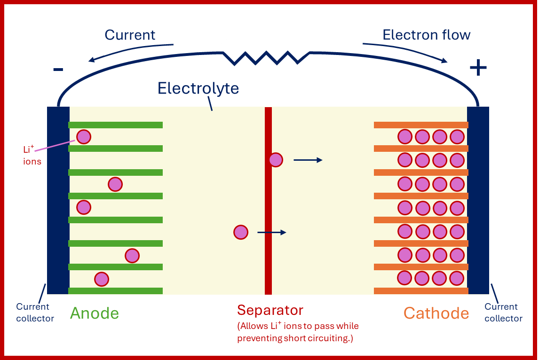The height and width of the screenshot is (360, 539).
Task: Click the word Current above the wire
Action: tap(130, 35)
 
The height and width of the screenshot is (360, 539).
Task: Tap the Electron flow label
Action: tap(426, 35)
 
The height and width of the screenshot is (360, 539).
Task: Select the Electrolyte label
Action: tap(198, 88)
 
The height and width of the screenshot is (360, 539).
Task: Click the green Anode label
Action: tap(95, 313)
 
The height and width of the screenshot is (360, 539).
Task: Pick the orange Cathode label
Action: tap(436, 313)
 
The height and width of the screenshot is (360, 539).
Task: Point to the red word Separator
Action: tap(270, 310)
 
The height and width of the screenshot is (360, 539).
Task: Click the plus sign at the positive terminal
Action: tap(478, 69)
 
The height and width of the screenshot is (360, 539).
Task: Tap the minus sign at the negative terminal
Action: tap(58, 70)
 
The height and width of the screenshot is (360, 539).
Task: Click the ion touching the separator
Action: tap(276, 160)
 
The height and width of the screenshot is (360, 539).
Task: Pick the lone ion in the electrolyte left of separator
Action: tap(241, 232)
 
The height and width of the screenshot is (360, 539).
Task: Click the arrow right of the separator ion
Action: tap(308, 160)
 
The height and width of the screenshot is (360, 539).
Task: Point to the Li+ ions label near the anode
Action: tap(32, 156)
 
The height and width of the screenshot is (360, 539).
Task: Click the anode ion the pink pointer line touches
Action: tap(84, 137)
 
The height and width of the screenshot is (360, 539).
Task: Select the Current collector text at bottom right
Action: tap(503, 313)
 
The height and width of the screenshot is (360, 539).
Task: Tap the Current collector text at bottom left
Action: tap(34, 313)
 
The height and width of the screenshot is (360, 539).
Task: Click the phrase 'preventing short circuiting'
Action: tap(294, 338)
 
